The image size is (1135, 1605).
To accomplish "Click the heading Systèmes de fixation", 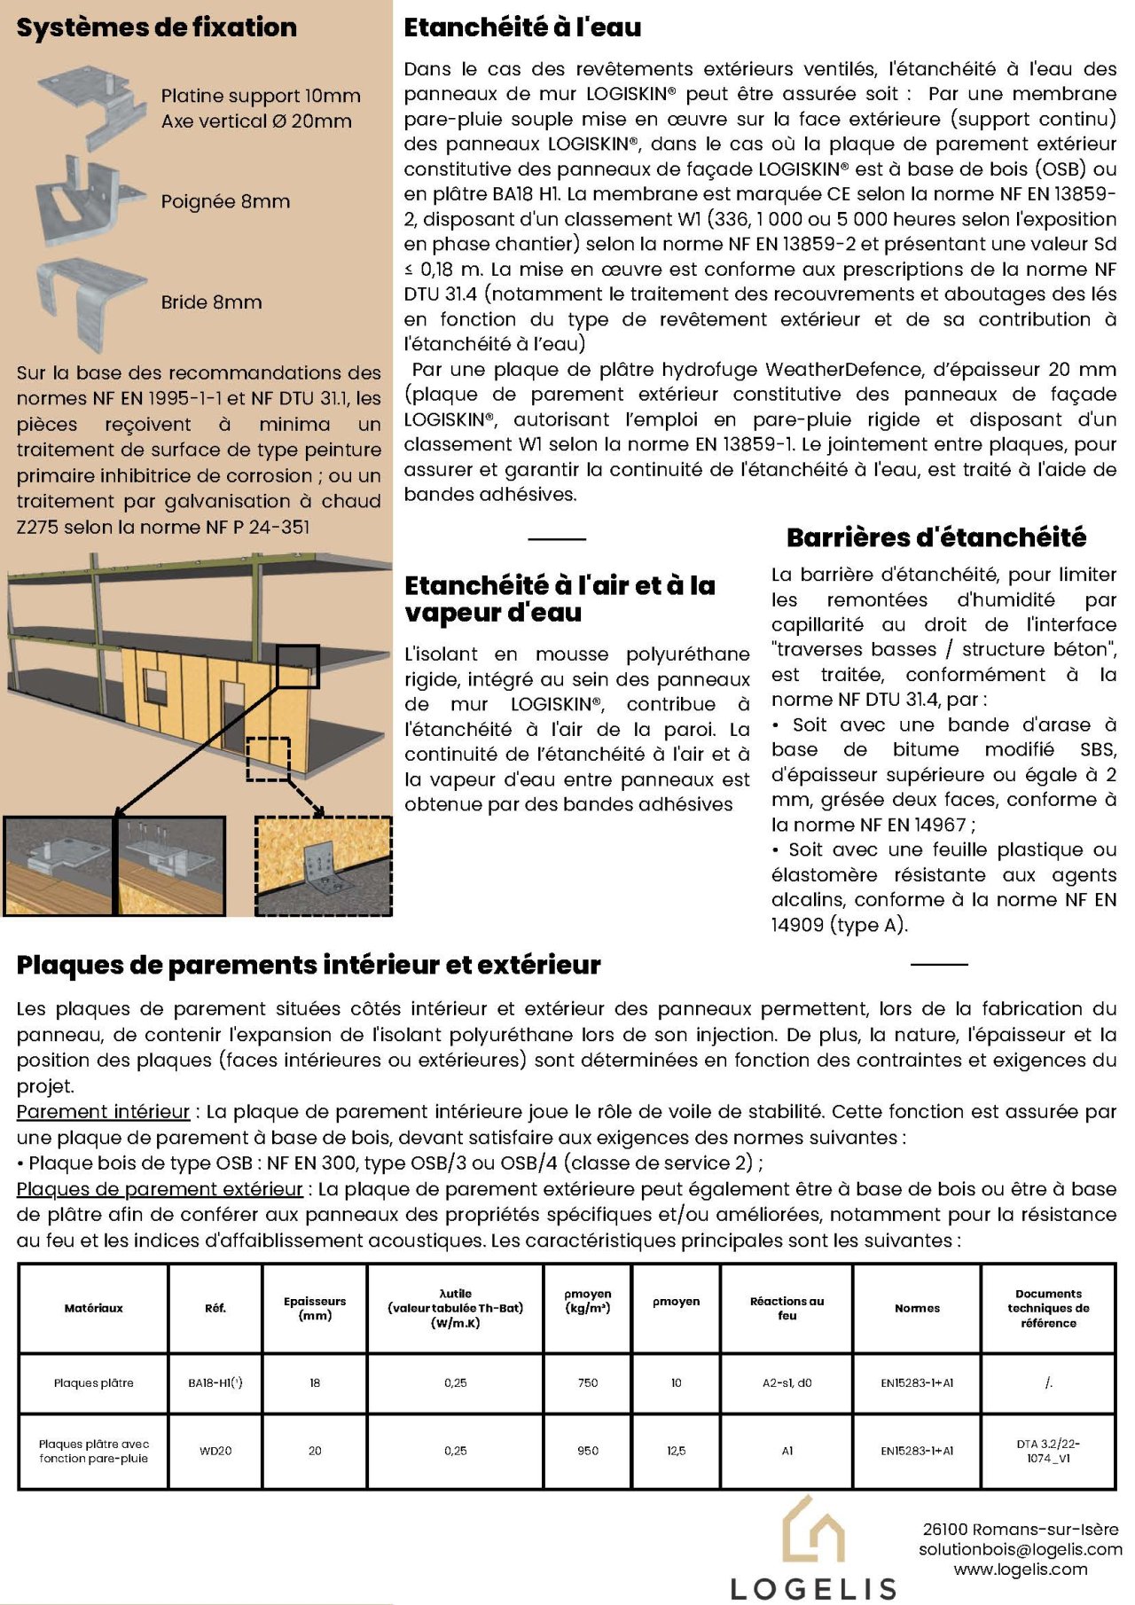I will click(156, 27).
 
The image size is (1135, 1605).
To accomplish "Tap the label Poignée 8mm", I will click(225, 201).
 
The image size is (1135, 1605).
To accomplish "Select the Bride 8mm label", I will click(211, 302).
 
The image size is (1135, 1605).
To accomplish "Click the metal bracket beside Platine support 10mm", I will click(93, 105).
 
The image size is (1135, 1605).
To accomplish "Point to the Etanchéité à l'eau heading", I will click(522, 27).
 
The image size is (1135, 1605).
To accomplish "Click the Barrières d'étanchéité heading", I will click(935, 537).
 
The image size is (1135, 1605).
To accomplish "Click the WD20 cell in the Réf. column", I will click(215, 1451).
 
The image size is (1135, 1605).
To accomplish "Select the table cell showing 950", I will click(588, 1451).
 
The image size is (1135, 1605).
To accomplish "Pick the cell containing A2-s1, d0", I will click(787, 1382).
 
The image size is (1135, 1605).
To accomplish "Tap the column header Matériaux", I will click(93, 1308).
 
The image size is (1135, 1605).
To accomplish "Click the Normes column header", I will click(917, 1308).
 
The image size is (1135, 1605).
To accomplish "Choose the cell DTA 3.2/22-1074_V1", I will click(1048, 1451).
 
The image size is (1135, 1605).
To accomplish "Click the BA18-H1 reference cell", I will click(215, 1382).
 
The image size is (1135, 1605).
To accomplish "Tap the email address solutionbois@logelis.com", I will click(1020, 1549).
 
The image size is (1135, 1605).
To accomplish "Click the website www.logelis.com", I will click(1020, 1570).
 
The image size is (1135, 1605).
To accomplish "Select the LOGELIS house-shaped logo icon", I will click(812, 1531).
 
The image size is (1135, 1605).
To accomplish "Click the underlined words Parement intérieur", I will click(103, 1112).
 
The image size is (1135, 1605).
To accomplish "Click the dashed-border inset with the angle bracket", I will click(324, 866).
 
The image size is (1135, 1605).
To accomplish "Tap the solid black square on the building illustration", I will click(297, 667).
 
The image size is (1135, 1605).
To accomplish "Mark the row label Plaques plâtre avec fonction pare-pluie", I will click(93, 1451).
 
